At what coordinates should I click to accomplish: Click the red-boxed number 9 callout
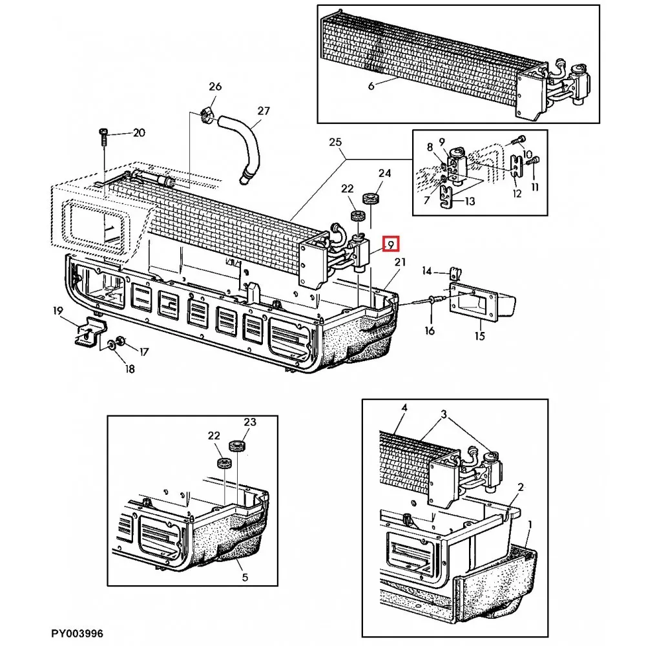click(391, 245)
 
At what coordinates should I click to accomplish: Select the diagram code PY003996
click(77, 633)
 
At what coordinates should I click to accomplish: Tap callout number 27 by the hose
click(264, 111)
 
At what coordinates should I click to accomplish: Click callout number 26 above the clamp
click(215, 87)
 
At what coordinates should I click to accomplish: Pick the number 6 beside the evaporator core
click(371, 86)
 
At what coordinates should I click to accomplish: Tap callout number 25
click(335, 142)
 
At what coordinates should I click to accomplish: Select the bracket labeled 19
click(90, 331)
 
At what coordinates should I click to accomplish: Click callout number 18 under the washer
click(130, 369)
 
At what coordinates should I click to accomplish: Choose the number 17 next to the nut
click(143, 352)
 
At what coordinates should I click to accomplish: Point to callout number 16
click(430, 330)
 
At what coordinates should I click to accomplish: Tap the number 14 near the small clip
click(426, 271)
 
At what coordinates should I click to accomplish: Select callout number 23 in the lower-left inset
click(249, 422)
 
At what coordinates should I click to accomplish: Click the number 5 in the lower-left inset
click(245, 578)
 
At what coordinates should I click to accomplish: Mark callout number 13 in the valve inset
click(470, 201)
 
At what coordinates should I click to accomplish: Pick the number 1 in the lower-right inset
click(530, 525)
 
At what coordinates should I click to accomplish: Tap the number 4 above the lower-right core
click(404, 408)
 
